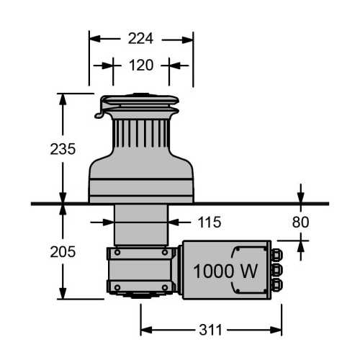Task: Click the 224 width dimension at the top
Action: pos(141,38)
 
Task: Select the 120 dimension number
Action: pos(141,65)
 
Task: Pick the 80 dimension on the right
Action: pos(300,222)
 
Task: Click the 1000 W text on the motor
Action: pos(225,271)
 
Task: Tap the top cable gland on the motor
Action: pos(276,253)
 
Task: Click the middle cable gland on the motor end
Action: pos(276,270)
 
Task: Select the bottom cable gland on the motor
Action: pos(276,287)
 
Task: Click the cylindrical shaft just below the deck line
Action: pos(141,225)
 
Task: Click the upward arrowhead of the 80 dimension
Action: pos(300,244)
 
